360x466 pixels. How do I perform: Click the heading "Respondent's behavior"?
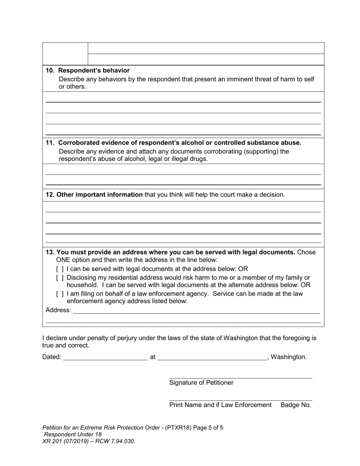(x=94, y=70)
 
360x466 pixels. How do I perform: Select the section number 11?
(x=50, y=143)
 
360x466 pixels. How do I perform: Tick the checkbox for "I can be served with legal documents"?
(x=60, y=269)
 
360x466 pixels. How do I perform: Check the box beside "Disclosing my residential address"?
(x=60, y=278)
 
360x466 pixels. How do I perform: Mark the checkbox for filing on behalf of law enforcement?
(x=60, y=294)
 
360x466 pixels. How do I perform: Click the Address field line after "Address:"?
(x=196, y=310)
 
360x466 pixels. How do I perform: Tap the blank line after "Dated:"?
(x=105, y=357)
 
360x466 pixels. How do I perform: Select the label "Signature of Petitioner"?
(x=201, y=383)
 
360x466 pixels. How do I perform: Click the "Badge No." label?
(x=296, y=405)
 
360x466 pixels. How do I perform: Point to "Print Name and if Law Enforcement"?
(x=220, y=405)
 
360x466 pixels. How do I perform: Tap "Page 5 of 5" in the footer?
(x=208, y=428)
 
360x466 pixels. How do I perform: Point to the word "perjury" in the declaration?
(x=121, y=338)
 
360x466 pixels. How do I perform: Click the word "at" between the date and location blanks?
(x=153, y=357)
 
